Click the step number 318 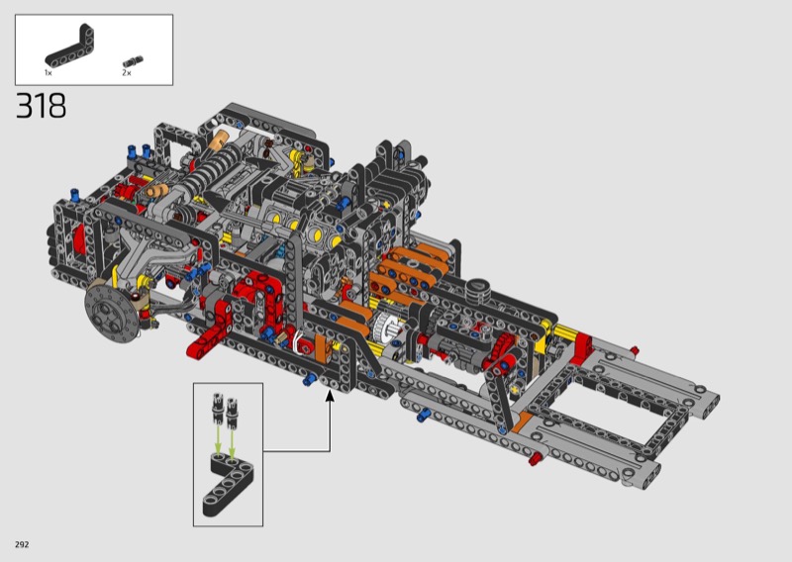tap(41, 106)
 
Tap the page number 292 tap(22, 544)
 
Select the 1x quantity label tap(48, 72)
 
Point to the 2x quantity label tap(127, 72)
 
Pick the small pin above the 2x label tap(133, 61)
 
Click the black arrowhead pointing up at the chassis tap(330, 396)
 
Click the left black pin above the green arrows tap(218, 406)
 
